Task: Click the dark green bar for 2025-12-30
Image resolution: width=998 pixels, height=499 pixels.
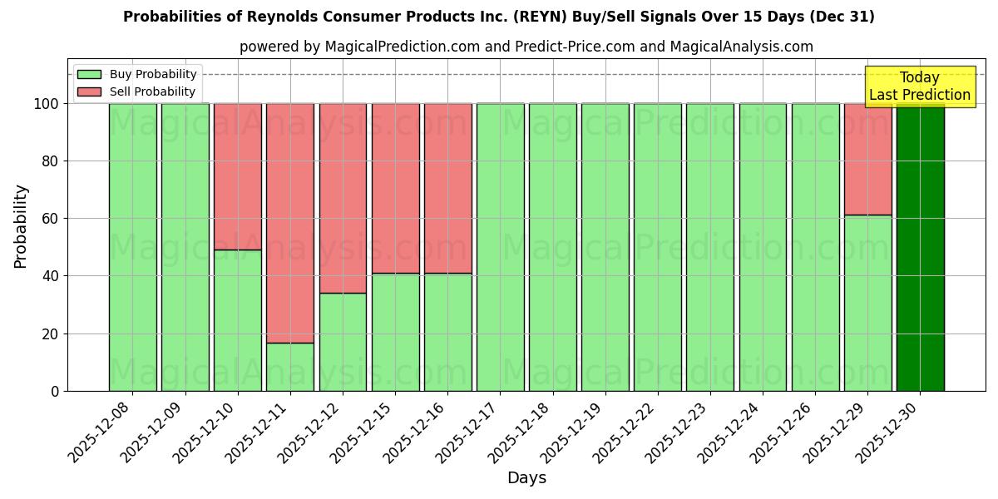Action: pos(920,247)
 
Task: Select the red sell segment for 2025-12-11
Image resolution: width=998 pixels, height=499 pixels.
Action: pos(290,223)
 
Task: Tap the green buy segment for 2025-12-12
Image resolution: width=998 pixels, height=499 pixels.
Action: pos(343,342)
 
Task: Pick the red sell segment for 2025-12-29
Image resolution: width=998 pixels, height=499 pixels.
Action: pos(867,159)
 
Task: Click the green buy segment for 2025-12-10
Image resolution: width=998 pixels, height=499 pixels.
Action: pos(238,320)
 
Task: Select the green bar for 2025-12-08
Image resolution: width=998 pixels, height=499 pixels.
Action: pos(132,247)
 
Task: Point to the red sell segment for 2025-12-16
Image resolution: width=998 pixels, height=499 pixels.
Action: pos(448,188)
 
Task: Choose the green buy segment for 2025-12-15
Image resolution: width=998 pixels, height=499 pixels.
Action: pos(395,332)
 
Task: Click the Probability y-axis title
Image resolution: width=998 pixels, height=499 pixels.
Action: pos(21,226)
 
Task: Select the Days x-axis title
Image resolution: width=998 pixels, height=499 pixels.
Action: pos(526,478)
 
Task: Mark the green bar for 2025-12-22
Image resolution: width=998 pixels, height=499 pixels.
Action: pos(658,247)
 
